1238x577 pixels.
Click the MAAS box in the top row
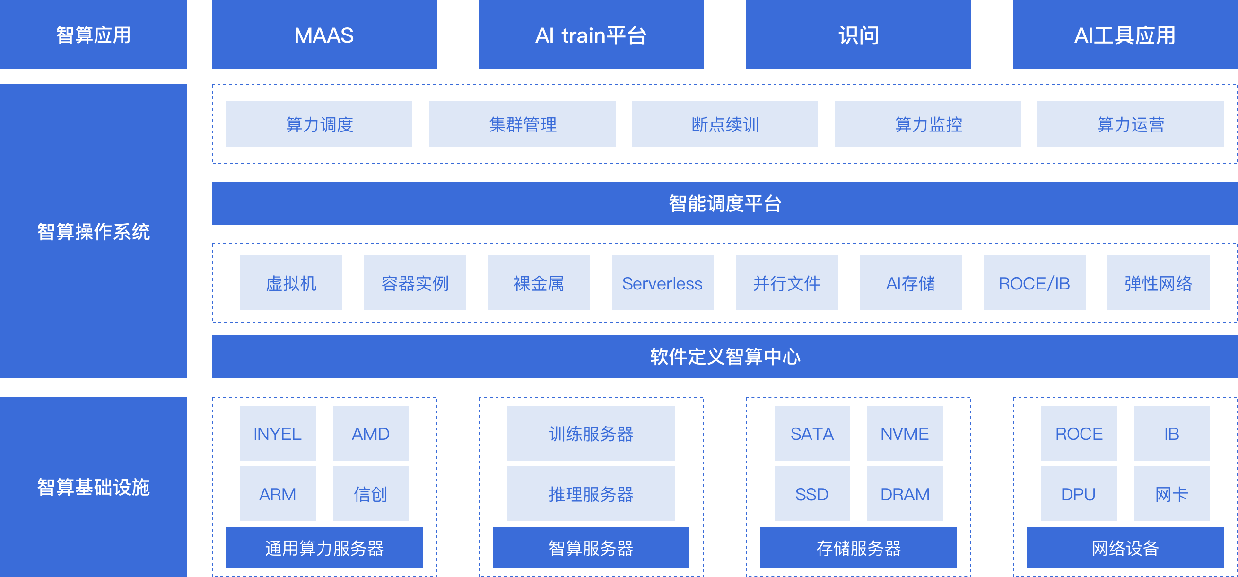(x=324, y=35)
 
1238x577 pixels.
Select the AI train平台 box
(x=591, y=35)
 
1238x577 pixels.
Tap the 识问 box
(x=858, y=35)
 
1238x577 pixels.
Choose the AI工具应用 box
(x=1125, y=35)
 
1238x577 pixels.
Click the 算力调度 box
(x=319, y=124)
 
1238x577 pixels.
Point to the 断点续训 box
(x=725, y=124)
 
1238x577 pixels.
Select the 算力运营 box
(x=1130, y=124)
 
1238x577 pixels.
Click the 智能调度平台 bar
(x=725, y=203)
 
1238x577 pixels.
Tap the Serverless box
(x=662, y=283)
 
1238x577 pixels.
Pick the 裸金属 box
(x=539, y=283)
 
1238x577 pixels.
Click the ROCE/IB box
(x=1034, y=283)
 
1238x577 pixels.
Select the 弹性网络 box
(x=1158, y=283)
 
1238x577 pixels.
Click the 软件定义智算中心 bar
(x=725, y=356)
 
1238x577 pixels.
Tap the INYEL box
(x=278, y=433)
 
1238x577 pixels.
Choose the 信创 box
(x=371, y=494)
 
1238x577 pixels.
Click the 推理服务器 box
(x=591, y=494)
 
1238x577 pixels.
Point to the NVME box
(x=905, y=433)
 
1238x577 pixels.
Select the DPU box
(x=1079, y=494)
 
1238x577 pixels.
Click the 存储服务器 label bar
(x=858, y=548)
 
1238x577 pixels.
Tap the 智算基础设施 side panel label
(x=93, y=487)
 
